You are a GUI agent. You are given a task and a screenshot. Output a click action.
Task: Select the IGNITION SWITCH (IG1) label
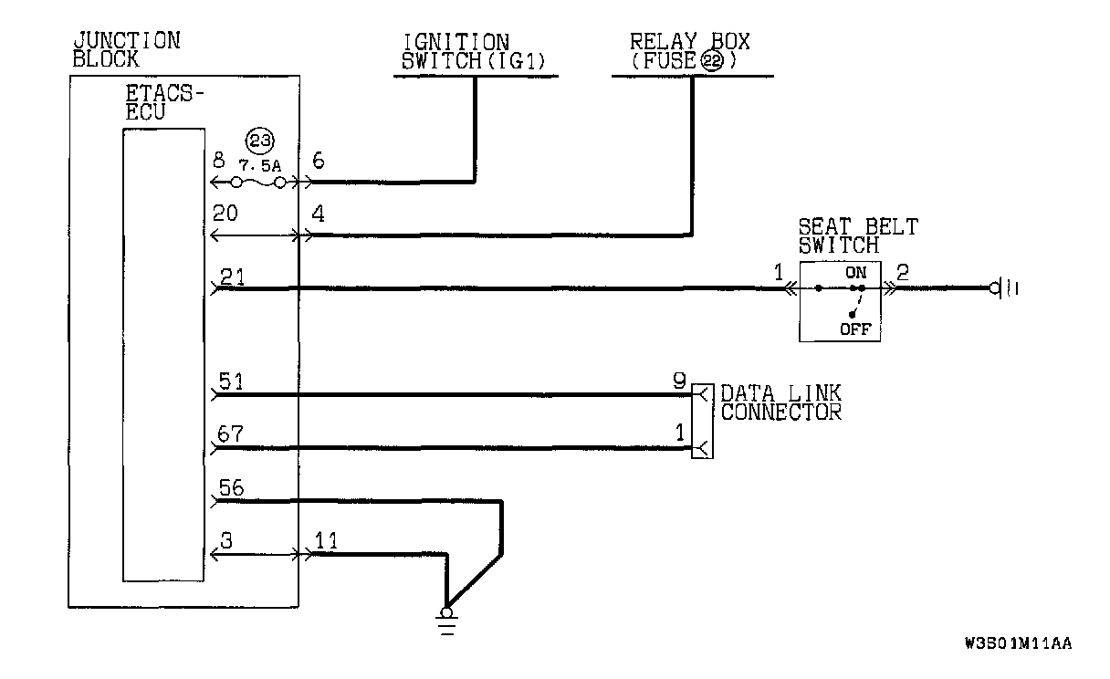tap(456, 51)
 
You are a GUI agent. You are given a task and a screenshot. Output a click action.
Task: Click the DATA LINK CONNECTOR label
tap(780, 402)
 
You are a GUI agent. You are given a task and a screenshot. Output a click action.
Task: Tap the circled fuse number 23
tap(260, 141)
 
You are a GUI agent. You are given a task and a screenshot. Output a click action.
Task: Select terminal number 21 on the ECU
tap(232, 277)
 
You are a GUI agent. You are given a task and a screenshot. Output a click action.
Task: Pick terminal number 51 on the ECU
tap(232, 383)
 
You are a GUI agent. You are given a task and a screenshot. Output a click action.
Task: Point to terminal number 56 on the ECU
tap(232, 489)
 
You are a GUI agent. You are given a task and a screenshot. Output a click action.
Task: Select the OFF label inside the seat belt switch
tap(854, 329)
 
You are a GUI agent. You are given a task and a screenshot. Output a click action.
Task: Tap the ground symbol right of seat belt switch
tap(1005, 288)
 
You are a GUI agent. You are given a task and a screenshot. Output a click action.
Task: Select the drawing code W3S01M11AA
tap(1017, 643)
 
